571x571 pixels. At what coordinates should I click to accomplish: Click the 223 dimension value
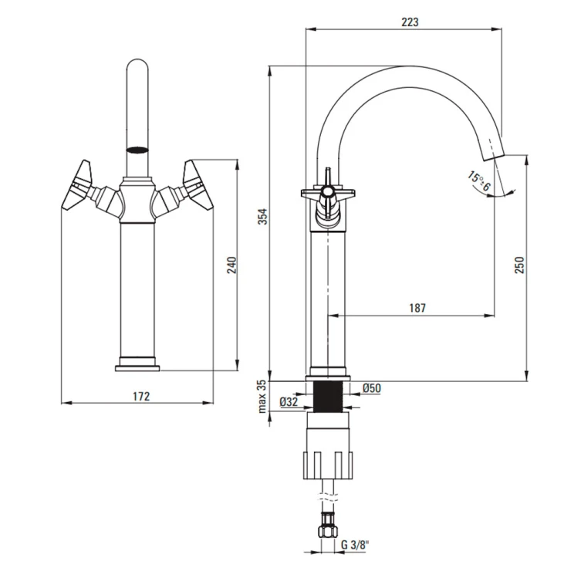(x=410, y=22)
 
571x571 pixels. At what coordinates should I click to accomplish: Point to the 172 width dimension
(x=140, y=396)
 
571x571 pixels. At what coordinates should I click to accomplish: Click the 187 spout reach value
(x=417, y=308)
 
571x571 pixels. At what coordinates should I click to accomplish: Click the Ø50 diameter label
(x=371, y=388)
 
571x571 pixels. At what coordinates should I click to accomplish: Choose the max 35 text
(x=262, y=395)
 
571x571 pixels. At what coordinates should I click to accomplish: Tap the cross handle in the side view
(x=328, y=193)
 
